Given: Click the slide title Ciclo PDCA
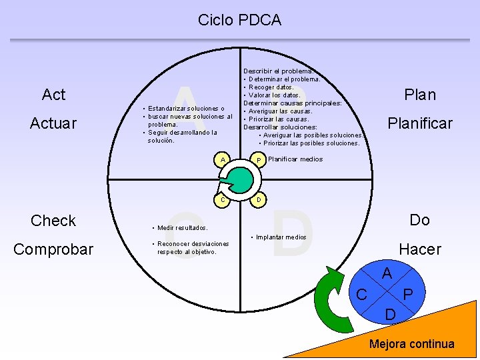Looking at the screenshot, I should [x=239, y=20].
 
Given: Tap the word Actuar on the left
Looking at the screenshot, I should [x=53, y=124].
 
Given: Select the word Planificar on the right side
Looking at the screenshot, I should [x=420, y=123].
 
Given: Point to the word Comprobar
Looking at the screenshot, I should [x=53, y=249].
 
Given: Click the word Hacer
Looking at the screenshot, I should [x=419, y=249].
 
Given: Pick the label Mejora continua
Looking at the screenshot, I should [x=412, y=344].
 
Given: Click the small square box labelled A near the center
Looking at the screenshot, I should [x=223, y=159].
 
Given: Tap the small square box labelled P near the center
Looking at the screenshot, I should [x=257, y=159].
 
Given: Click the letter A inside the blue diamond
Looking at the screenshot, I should [x=387, y=273].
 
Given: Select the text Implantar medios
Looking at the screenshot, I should [x=281, y=237].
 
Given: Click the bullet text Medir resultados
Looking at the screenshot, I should [x=183, y=228].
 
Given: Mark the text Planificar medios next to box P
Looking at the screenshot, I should [x=295, y=159].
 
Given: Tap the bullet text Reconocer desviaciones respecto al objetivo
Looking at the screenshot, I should [x=192, y=247].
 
